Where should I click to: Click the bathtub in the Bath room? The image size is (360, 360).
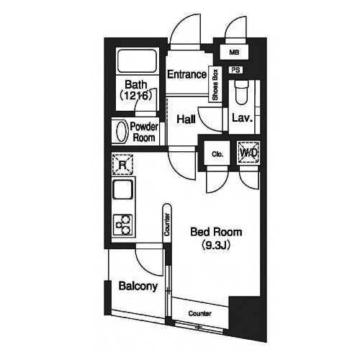137,61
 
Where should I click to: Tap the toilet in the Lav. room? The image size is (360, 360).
241,93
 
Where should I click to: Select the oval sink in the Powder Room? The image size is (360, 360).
122,131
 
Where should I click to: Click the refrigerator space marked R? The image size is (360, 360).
122,165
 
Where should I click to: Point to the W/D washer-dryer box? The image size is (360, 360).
248,153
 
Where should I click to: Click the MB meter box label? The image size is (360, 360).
234,52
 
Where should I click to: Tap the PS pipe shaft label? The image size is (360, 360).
235,70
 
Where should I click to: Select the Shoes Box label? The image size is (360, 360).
215,85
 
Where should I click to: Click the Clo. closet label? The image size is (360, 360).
217,154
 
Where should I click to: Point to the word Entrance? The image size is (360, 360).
186,74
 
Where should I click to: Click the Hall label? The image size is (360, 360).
186,120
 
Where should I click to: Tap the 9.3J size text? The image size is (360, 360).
216,246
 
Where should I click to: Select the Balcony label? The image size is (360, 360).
138,286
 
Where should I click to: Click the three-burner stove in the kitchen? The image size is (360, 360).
122,225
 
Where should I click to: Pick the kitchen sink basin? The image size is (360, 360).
122,189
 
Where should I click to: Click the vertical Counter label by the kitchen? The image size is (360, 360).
167,224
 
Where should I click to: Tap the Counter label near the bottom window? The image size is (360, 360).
200,313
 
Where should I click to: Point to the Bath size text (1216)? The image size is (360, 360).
136,96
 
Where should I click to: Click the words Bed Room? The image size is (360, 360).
216,232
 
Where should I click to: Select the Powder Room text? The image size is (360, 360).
144,132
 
